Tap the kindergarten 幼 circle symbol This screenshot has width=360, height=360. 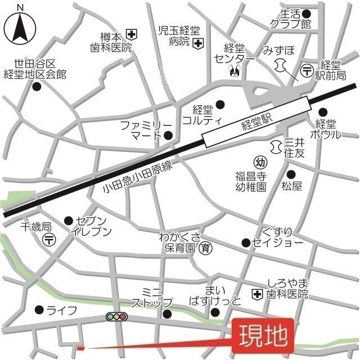click(259, 161)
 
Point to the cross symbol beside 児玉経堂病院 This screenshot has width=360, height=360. click(197, 43)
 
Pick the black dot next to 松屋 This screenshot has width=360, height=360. click(290, 174)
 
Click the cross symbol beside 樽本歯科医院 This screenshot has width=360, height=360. click(132, 34)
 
